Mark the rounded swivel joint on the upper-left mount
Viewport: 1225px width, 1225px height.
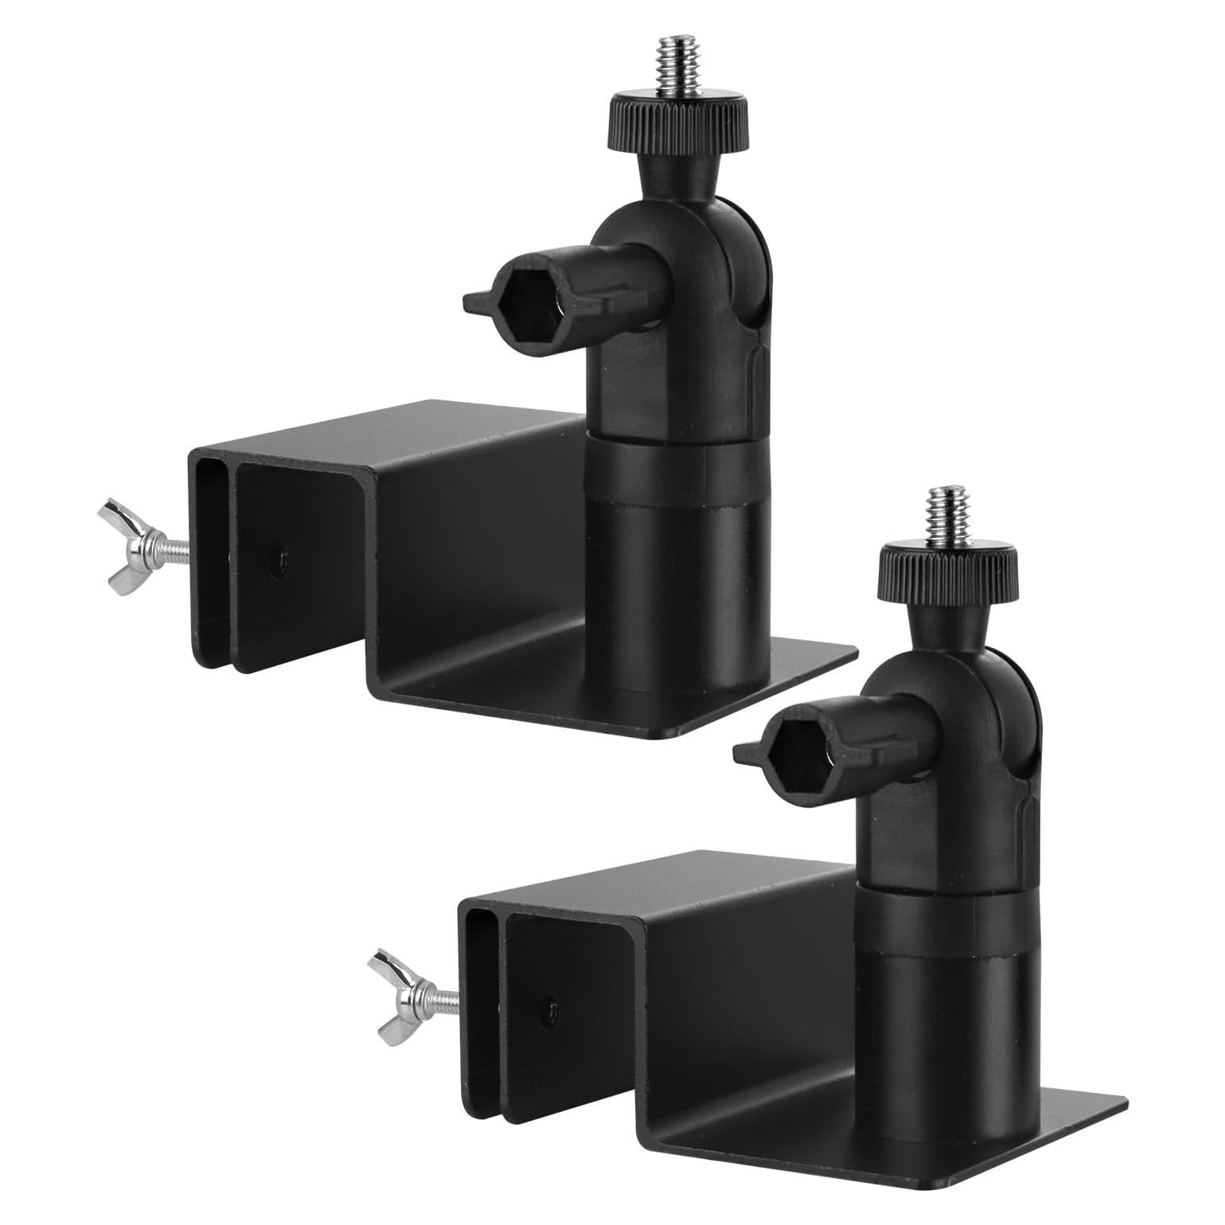pyautogui.click(x=720, y=275)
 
